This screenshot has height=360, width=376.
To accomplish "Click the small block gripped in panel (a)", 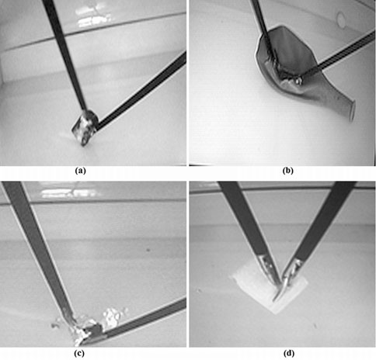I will click(84, 126).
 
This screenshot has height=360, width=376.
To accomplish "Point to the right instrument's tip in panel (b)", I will click(295, 78).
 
